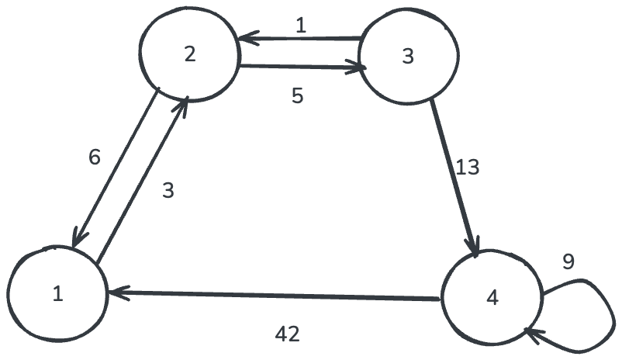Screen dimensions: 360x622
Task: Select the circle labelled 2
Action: click(188, 54)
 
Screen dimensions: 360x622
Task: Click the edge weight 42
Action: click(288, 334)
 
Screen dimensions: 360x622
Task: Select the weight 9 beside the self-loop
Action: click(568, 262)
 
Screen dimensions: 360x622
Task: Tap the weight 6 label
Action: click(95, 157)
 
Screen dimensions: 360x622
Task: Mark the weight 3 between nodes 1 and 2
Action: click(168, 190)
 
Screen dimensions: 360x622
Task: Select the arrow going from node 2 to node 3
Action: click(302, 67)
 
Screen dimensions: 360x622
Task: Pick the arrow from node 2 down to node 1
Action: click(116, 167)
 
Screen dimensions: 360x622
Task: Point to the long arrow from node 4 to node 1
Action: click(275, 296)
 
